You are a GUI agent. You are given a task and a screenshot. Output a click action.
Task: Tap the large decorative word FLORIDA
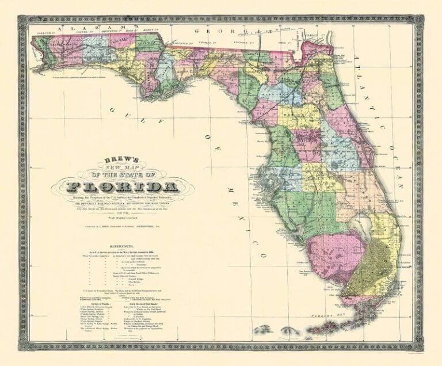point(121,186)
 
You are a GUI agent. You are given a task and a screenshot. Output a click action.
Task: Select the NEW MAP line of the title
point(122,169)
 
